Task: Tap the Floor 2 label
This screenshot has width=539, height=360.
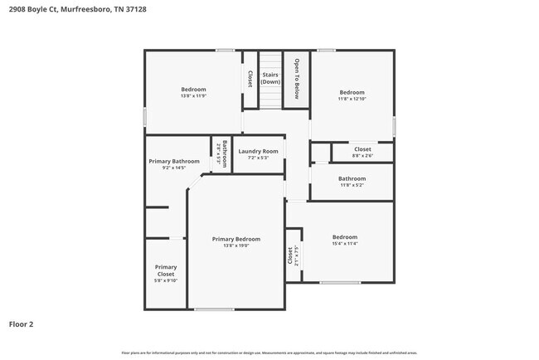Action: click(22, 324)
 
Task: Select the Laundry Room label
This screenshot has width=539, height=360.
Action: click(258, 151)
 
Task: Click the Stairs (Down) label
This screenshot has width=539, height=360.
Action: click(271, 79)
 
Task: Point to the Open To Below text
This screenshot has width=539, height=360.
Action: click(296, 78)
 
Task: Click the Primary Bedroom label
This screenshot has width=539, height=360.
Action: click(236, 239)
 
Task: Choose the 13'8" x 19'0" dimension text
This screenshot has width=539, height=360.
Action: click(236, 246)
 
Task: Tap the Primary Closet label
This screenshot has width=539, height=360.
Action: click(166, 270)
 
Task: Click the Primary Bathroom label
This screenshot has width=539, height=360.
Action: click(174, 161)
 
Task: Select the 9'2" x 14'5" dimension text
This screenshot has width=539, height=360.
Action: click(174, 168)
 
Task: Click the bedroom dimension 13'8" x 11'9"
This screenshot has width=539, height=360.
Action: click(193, 96)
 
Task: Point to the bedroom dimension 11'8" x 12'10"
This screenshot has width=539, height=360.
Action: click(352, 99)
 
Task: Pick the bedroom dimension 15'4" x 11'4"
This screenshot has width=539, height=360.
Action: click(345, 244)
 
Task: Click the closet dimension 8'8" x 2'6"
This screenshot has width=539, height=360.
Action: click(362, 156)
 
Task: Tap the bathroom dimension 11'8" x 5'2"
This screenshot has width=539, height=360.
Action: click(352, 185)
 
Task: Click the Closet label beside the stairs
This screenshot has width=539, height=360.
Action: click(250, 79)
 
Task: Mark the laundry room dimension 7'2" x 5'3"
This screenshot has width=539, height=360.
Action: click(258, 158)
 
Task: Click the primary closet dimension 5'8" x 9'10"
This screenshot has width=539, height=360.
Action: click(166, 280)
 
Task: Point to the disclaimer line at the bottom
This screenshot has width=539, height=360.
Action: click(269, 353)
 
